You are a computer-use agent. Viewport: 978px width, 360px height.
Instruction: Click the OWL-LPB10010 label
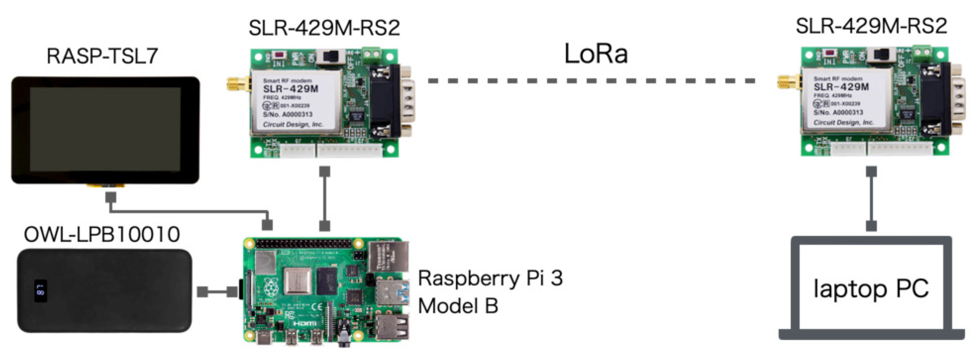[x=101, y=234]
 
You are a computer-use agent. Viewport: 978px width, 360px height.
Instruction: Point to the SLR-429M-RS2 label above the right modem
[x=871, y=26]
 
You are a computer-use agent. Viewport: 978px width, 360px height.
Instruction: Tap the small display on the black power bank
[x=41, y=291]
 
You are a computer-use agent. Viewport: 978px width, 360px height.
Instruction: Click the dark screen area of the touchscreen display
[x=105, y=129]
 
